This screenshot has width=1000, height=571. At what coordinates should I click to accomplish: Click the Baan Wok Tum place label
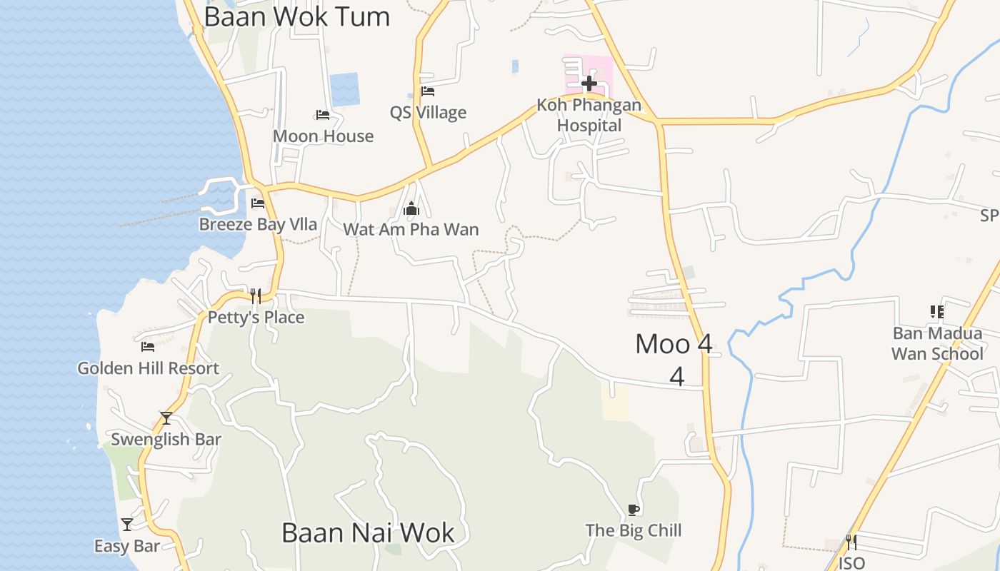[296, 16]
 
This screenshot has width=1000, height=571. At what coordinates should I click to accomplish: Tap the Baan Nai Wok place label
[368, 532]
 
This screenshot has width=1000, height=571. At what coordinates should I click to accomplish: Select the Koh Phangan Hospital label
[589, 115]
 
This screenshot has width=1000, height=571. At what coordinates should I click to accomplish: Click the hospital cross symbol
[589, 84]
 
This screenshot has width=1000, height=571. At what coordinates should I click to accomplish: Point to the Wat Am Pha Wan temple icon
[411, 209]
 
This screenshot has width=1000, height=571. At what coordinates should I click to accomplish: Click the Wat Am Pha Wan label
[411, 230]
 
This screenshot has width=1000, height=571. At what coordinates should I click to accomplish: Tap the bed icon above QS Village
[428, 91]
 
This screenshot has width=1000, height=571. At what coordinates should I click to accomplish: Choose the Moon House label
[323, 136]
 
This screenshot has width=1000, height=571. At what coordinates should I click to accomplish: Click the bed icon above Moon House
[323, 115]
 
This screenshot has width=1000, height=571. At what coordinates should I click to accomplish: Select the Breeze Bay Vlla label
[258, 224]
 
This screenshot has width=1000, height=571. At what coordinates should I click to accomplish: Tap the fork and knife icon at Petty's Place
[255, 295]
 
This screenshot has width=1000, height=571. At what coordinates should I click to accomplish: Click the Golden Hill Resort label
[148, 368]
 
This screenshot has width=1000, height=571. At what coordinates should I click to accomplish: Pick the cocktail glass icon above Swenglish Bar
[166, 418]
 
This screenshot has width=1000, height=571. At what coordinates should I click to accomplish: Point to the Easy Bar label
[127, 547]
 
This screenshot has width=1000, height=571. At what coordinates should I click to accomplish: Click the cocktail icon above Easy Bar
[127, 525]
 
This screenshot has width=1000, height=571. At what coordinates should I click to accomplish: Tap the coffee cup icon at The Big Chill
[633, 509]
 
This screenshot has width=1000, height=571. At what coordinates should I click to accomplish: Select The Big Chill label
[634, 530]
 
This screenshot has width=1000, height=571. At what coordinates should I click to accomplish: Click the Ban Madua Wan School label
[938, 343]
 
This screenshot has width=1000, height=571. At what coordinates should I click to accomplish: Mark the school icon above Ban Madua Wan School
[937, 312]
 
